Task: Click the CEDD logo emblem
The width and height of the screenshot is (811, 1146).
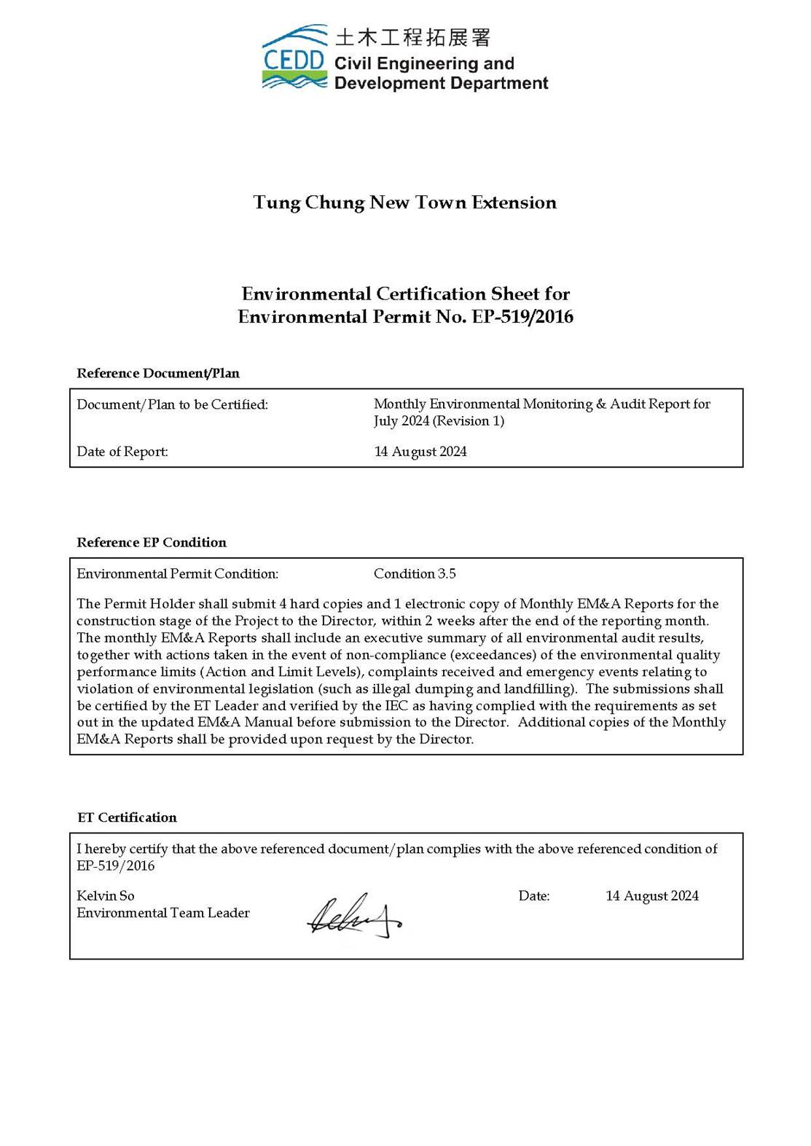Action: [294, 58]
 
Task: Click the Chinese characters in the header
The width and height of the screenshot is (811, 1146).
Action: [412, 36]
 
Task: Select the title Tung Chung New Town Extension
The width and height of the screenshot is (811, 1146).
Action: [404, 203]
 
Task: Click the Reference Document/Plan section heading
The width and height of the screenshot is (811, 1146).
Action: [158, 373]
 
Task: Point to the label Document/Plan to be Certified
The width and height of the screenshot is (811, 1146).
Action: [172, 404]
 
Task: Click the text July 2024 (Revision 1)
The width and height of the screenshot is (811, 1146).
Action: [439, 421]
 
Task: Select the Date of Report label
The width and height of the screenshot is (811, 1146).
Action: [122, 452]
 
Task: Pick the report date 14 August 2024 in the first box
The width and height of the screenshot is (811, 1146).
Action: [420, 452]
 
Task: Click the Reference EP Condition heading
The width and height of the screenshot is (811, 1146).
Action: [152, 542]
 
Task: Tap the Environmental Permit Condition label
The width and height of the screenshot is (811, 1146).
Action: [177, 574]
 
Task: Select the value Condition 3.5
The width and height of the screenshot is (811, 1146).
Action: [415, 574]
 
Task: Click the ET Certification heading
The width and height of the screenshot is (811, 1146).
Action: [127, 817]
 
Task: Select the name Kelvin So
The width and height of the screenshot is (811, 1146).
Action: [106, 896]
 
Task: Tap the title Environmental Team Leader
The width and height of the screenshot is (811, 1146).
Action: [163, 913]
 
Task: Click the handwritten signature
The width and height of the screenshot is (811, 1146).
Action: [354, 917]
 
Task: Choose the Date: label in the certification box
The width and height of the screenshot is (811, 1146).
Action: [534, 896]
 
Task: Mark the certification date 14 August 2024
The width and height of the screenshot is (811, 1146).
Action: [652, 896]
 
